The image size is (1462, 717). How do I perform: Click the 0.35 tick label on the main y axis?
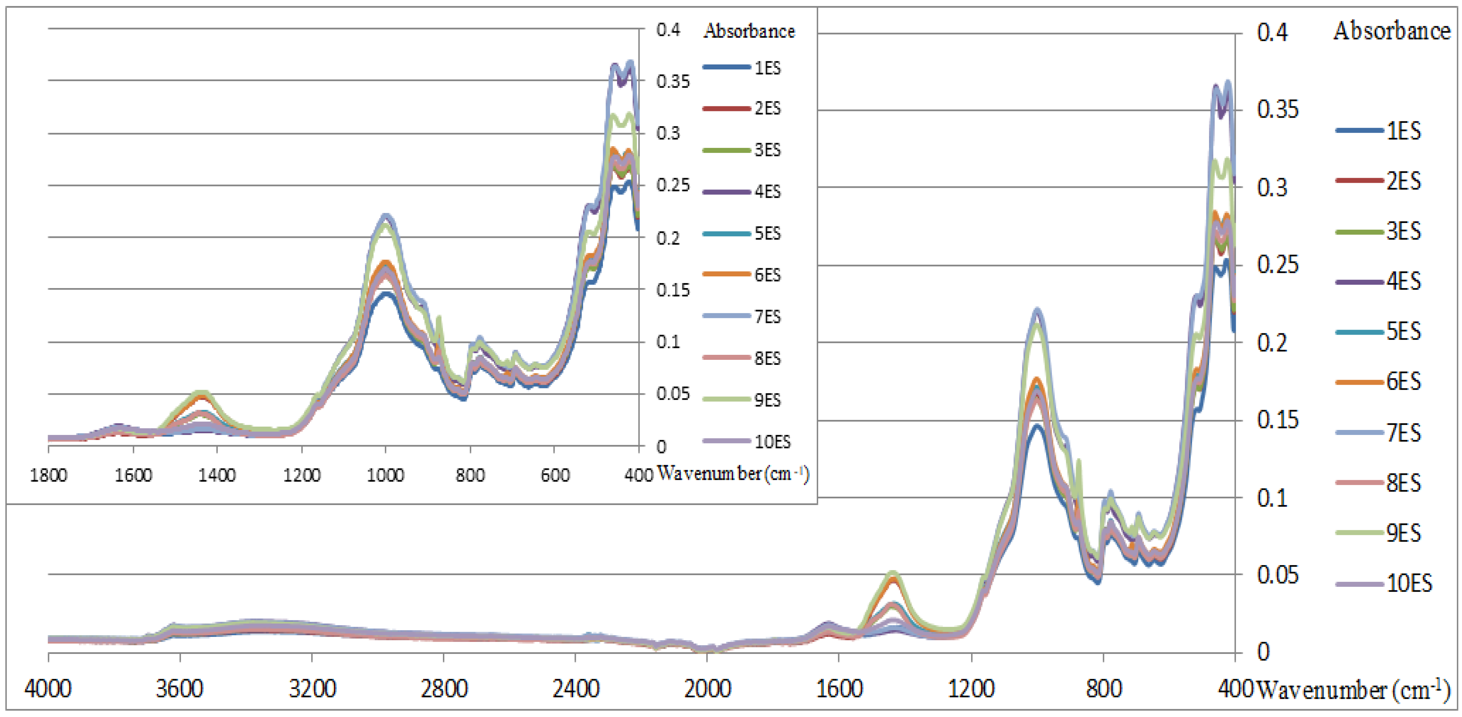[1277, 109]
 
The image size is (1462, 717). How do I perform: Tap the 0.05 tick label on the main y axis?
[1277, 575]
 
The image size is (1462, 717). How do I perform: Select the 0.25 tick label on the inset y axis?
[673, 185]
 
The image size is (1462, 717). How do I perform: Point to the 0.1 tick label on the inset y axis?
[668, 342]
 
